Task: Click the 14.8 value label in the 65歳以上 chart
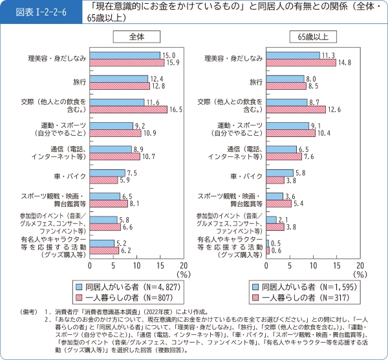(344, 63)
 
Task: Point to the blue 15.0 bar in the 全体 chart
(125, 56)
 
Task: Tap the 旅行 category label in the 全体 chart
(80, 82)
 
